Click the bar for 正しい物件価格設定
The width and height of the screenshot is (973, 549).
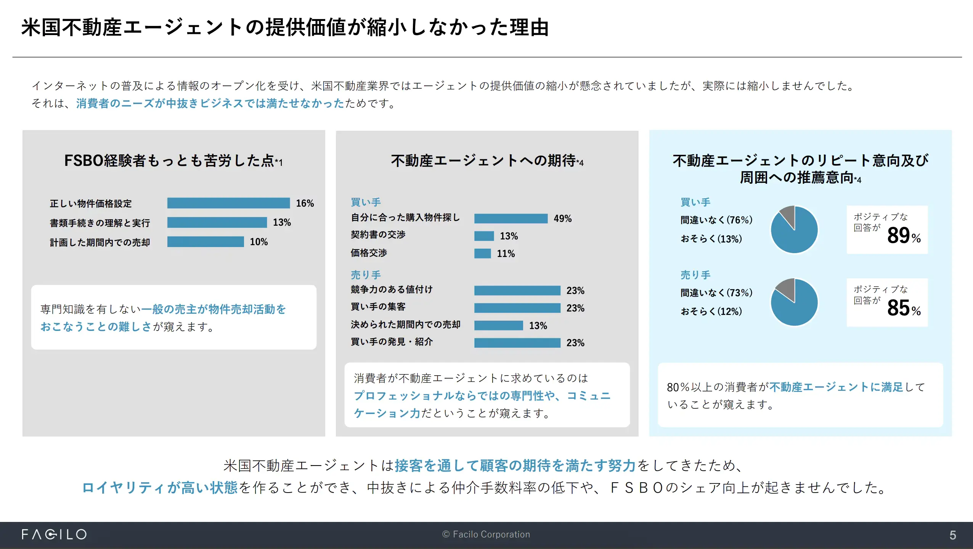[228, 203]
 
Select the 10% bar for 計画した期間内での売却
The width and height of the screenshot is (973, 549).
[206, 242]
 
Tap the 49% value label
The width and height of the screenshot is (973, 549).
[562, 218]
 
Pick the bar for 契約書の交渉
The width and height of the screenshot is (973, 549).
[484, 236]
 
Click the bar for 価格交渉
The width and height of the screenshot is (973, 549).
[482, 254]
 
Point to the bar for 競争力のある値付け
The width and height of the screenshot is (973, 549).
[517, 291]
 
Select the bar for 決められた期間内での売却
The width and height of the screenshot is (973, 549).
[498, 326]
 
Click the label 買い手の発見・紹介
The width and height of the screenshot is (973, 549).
[392, 342]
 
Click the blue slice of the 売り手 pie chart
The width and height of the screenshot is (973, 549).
[795, 307]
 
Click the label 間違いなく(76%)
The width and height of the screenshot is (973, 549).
[716, 220]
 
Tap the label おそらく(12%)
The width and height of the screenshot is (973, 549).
[711, 311]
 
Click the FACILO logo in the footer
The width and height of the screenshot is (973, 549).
[54, 535]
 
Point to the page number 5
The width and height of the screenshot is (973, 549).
[952, 535]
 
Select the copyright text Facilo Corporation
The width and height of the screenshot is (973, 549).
[486, 535]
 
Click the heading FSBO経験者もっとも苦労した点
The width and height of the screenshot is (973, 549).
[173, 161]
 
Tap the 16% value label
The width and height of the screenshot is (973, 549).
[305, 203]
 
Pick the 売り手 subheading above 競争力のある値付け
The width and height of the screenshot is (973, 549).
[365, 275]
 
